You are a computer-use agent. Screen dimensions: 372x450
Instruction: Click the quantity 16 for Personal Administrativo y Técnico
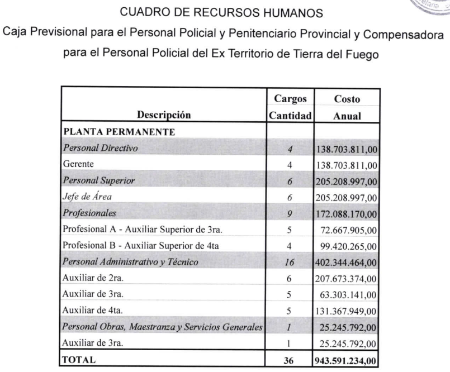[290, 261]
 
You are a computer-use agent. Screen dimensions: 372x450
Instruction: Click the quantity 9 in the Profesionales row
[290, 213]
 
